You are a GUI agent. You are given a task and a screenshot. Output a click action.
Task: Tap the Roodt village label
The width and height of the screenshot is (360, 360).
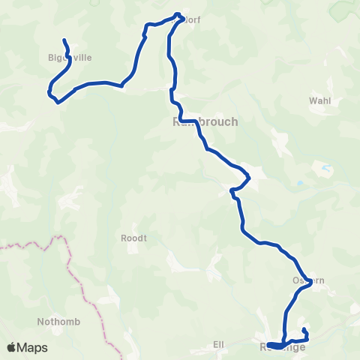[x=133, y=238]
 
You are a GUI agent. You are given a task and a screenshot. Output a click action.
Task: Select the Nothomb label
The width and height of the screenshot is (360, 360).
[x=54, y=322]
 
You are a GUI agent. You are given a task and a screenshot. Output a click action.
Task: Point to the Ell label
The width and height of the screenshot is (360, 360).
[x=219, y=345]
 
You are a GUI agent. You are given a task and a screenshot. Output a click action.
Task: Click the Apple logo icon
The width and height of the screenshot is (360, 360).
[x=12, y=347]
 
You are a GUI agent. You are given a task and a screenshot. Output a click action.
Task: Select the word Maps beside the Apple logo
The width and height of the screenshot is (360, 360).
[x=33, y=347]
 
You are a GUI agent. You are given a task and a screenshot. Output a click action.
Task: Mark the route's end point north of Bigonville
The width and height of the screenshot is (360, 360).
[x=64, y=40]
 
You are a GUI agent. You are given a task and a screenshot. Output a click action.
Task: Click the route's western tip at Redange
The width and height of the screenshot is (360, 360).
[x=268, y=344]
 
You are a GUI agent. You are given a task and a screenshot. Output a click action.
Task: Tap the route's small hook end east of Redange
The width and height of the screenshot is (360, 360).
[x=304, y=329]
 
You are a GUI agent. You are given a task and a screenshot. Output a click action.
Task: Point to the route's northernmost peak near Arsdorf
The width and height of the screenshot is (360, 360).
[x=178, y=13]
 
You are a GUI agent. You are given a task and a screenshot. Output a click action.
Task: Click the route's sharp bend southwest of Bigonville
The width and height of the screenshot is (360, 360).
[x=49, y=94]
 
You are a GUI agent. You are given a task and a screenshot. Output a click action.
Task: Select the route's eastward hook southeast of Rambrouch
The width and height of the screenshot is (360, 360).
[x=248, y=178]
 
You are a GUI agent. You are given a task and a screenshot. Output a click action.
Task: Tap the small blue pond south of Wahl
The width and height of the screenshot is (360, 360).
[x=301, y=183]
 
